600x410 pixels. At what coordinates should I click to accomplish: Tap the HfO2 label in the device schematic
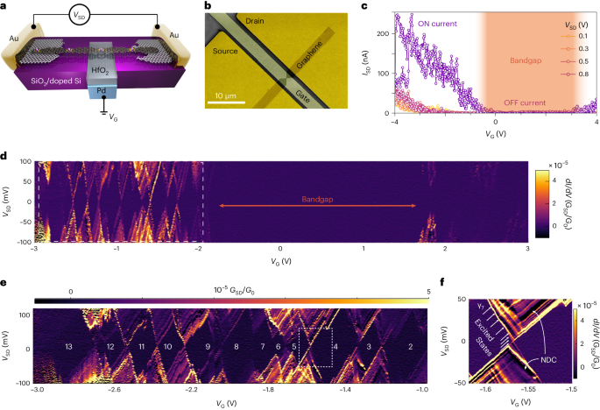tap(99, 72)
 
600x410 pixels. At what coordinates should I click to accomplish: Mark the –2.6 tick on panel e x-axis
tap(114, 388)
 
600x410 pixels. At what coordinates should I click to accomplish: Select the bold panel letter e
tap(6, 284)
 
